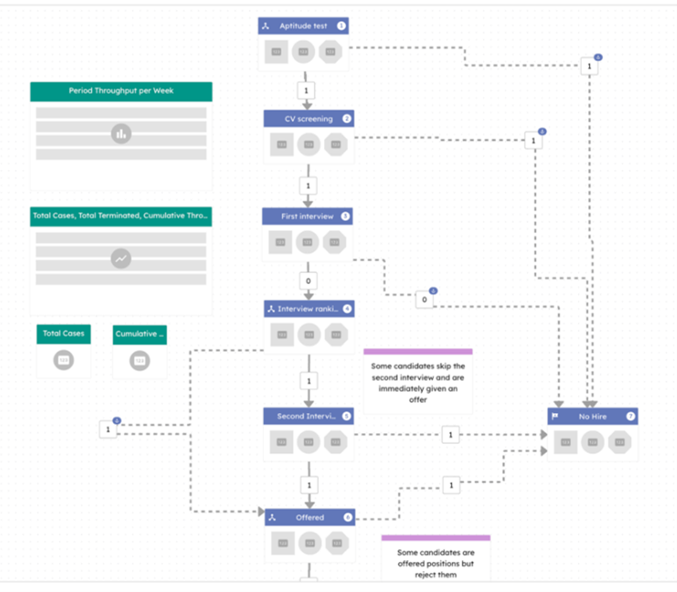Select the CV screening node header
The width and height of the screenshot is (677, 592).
[x=308, y=119]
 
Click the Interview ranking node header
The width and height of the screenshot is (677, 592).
[x=309, y=309]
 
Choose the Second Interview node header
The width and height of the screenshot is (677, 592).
[x=308, y=416]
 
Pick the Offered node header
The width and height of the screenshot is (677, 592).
[x=309, y=517]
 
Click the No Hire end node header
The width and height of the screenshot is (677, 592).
[x=592, y=416]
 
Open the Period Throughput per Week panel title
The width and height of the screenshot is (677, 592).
[x=121, y=91]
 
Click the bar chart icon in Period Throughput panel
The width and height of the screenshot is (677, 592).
[x=121, y=134]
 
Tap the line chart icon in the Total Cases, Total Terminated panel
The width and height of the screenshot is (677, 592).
[x=121, y=259]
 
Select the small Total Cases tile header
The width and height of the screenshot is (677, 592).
[x=64, y=334]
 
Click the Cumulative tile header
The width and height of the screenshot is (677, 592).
[x=140, y=334]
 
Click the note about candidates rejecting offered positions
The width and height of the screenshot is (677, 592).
[x=435, y=563]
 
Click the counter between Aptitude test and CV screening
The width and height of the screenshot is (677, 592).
[x=307, y=90]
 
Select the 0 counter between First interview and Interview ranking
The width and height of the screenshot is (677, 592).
[x=307, y=281]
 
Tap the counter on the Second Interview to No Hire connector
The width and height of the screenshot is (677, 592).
[x=450, y=435]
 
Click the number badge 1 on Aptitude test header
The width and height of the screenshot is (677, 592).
[x=342, y=26]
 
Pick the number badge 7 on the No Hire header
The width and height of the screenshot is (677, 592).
[x=630, y=416]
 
